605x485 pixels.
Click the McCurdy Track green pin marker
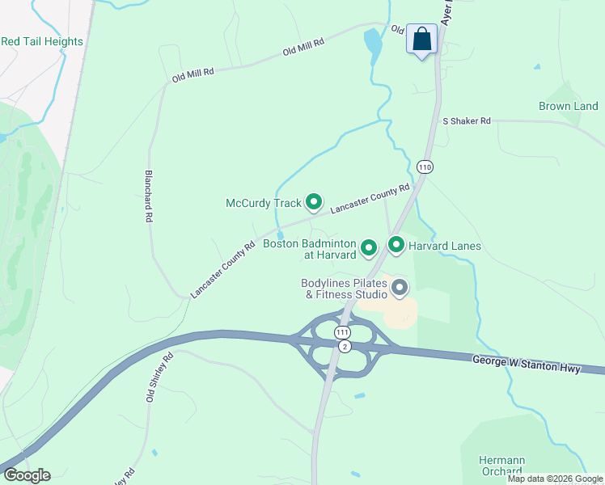313,202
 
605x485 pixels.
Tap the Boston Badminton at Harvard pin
369,247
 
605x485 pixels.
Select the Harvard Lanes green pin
396,244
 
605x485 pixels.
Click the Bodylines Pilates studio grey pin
400,287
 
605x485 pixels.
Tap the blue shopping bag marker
421,39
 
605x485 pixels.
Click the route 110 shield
425,167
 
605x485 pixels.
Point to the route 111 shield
343,332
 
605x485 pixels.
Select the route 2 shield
345,346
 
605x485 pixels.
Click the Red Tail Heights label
42,41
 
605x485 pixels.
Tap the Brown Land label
569,106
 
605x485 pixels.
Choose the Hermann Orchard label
501,466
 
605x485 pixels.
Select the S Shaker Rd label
467,120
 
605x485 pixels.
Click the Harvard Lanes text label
444,246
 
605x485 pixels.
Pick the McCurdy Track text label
264,203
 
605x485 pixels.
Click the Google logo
27,475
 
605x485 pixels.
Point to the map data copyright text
555,479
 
